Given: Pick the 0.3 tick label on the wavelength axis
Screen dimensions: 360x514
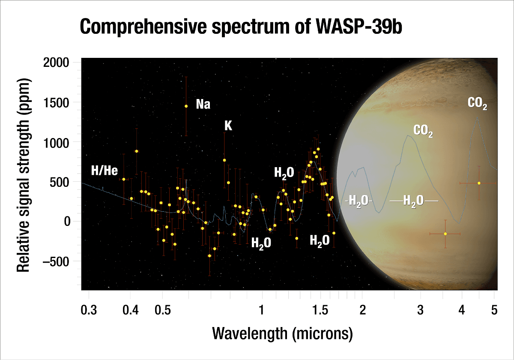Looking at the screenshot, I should [89, 310].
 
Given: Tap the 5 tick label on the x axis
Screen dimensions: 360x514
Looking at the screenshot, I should [494, 310].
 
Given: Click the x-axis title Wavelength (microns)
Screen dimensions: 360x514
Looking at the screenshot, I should [282, 333].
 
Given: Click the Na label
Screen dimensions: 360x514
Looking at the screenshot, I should [203, 104].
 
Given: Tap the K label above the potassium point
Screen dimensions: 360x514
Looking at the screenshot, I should [228, 126].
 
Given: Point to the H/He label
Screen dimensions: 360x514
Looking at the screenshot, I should [105, 171].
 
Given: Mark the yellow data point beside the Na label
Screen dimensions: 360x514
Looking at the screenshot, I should [186, 106].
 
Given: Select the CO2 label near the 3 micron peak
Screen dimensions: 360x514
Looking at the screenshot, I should [423, 131].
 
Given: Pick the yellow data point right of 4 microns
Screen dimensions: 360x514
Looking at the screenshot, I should [479, 183].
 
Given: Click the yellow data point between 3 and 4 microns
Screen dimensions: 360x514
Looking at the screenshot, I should [445, 234].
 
